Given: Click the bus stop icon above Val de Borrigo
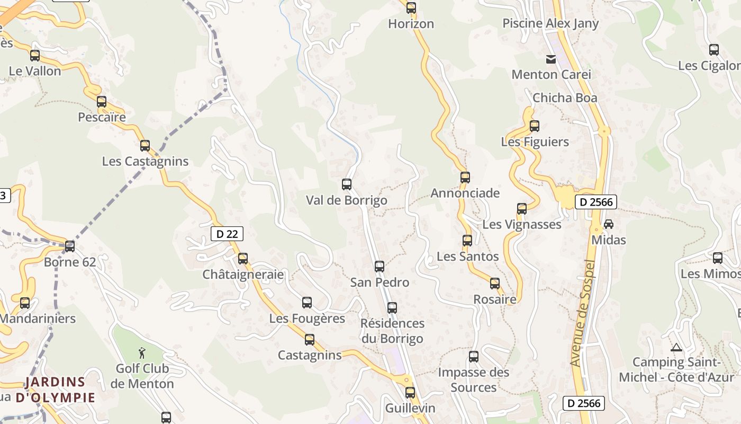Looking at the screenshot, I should coord(347,184).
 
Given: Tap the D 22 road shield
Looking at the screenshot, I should coord(227,234).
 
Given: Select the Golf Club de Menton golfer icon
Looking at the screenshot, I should coord(142,352).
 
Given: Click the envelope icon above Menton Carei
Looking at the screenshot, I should coord(551,59).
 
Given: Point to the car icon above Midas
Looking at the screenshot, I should coord(609,224).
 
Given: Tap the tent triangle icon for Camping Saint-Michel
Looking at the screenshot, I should coord(675,348).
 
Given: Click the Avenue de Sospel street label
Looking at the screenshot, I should coord(583,313).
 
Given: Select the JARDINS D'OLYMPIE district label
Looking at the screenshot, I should coord(55,390).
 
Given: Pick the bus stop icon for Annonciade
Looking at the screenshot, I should coord(465,177).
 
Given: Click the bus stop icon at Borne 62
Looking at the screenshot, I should coord(70,246).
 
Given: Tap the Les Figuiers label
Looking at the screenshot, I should coord(535,142).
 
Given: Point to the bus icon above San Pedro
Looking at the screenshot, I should coord(379,266).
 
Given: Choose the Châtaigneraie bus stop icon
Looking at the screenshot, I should coord(243,258).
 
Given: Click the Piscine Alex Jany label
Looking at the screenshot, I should coord(550,23).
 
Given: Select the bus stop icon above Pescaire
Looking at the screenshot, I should coord(102,101).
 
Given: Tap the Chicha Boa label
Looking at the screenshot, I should coord(565,98).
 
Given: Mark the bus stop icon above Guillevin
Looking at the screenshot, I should coord(410,392).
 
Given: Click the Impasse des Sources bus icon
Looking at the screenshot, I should coord(474,356).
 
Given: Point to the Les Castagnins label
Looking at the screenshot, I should coord(145,161).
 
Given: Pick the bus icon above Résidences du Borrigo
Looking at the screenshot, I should coord(392,307).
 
